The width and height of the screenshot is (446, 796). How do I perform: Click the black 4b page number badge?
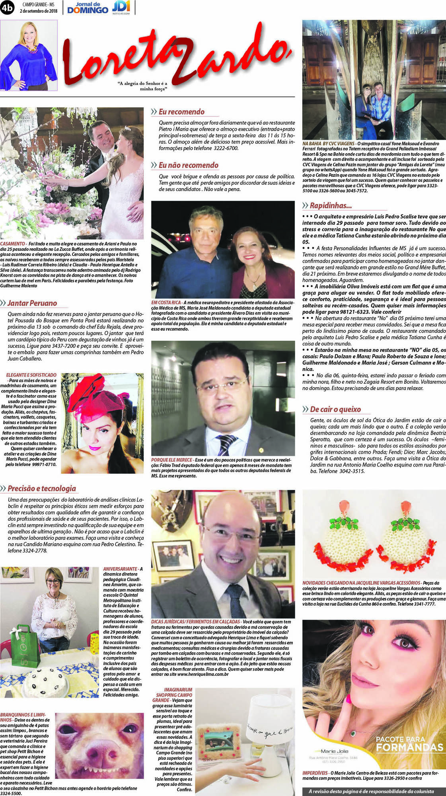pos(7,8)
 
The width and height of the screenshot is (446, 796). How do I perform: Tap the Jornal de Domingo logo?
pos(88,8)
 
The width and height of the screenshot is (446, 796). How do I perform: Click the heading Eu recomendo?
pos(181,112)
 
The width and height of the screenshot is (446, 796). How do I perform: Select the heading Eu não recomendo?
pos(188,165)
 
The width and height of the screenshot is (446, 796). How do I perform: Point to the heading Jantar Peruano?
pos(32,303)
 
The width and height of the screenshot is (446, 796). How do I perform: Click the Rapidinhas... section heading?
pos(331,206)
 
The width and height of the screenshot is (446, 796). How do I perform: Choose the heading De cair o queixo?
pos(335,409)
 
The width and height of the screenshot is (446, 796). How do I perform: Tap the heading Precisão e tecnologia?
pos(41,488)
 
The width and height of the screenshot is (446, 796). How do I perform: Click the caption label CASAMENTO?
pos(12,244)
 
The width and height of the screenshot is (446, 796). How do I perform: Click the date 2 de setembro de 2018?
pos(39,11)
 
